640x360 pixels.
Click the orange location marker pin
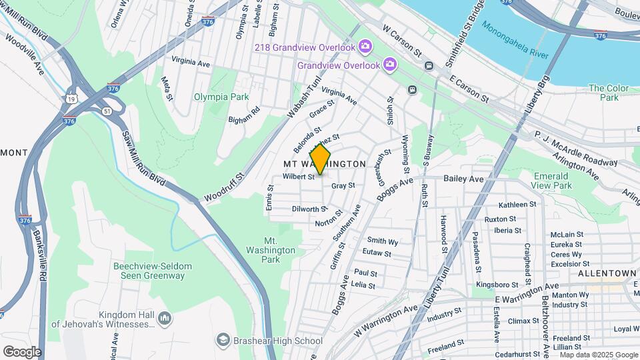pos(320,160)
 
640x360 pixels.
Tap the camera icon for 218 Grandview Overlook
pos(364,46)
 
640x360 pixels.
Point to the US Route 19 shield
pos(71,99)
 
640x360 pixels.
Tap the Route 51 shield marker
pos(107,111)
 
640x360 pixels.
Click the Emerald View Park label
pos(553,181)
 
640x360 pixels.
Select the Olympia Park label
pos(221,97)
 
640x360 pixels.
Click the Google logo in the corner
pos(22,351)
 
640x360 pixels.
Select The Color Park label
pos(609,93)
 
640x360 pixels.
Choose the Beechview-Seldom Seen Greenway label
pos(153,271)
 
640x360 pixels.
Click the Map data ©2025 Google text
pos(598,355)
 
